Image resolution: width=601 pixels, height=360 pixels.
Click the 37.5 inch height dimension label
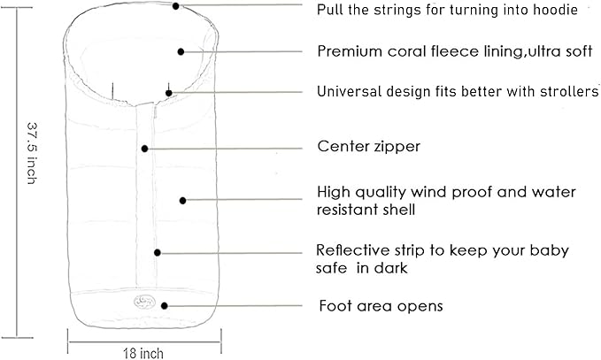32,153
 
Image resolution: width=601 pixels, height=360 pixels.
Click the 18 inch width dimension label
143,353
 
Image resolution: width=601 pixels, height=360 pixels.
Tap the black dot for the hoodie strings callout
175,6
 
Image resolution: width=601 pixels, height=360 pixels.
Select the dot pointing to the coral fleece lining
181,51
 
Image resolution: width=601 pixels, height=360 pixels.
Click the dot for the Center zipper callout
144,149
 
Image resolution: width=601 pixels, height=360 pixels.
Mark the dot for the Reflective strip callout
158,253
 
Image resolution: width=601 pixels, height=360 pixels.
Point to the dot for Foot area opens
165,306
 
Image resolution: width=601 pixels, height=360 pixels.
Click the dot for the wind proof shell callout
183,200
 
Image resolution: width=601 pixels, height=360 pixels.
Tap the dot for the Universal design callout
169,93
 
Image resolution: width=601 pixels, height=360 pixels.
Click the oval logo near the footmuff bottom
144,303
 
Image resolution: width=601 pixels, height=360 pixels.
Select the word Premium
350,51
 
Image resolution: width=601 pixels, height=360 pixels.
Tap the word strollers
569,91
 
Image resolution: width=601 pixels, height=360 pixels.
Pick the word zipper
397,147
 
